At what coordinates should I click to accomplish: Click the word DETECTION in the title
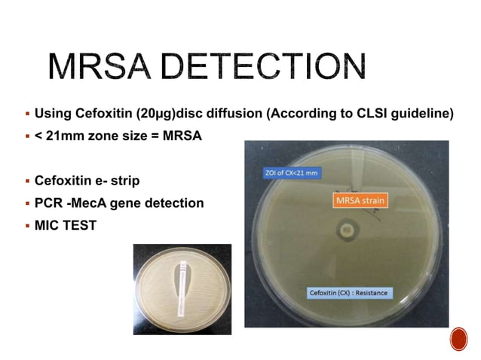pyautogui.click(x=263, y=69)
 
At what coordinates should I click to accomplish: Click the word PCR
pyautogui.click(x=48, y=203)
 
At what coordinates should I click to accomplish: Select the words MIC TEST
pyautogui.click(x=66, y=224)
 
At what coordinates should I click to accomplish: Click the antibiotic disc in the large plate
pyautogui.click(x=348, y=227)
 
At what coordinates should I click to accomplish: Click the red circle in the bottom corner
pyautogui.click(x=458, y=340)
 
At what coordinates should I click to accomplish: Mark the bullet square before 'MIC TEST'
pyautogui.click(x=27, y=224)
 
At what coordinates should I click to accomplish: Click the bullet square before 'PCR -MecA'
pyautogui.click(x=27, y=203)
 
